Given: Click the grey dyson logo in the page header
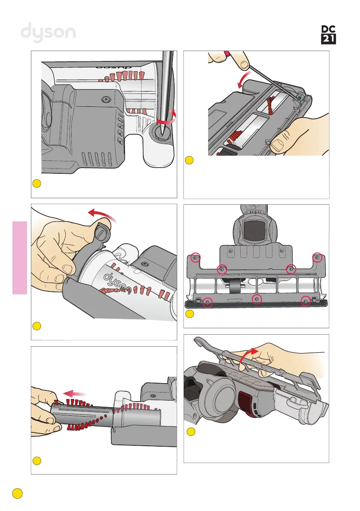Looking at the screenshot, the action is tap(48, 33).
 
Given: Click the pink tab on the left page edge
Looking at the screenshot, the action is tap(20, 257).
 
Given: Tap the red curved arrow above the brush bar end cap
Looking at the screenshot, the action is tap(102, 213).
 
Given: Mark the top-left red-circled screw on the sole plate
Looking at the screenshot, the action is tap(195, 258).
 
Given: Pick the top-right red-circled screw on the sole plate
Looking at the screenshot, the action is tap(318, 257).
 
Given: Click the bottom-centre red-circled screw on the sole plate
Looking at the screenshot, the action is tap(257, 299).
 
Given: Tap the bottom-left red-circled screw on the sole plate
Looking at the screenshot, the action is tap(207, 302).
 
